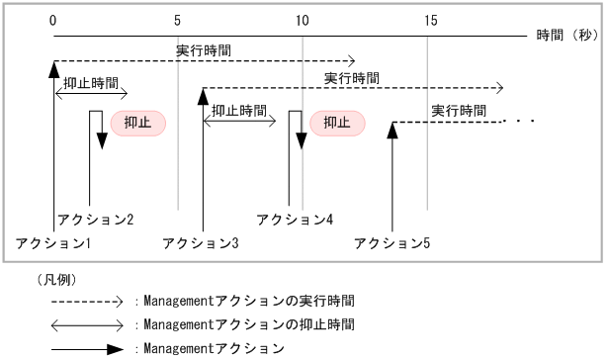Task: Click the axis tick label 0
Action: pyautogui.click(x=52, y=20)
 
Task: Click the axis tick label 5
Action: pyautogui.click(x=177, y=20)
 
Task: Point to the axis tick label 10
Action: pyautogui.click(x=303, y=20)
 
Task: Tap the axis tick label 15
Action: pyautogui.click(x=427, y=20)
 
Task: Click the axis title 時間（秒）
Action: pyautogui.click(x=567, y=35)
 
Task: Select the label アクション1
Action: pyautogui.click(x=53, y=241)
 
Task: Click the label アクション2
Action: pyautogui.click(x=96, y=219)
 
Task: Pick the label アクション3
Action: pyautogui.click(x=201, y=241)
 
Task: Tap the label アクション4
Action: pyautogui.click(x=295, y=219)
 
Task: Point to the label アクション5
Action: pyautogui.click(x=392, y=241)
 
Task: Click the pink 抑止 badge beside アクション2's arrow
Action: pyautogui.click(x=137, y=123)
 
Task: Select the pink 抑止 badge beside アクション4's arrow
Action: pyautogui.click(x=337, y=123)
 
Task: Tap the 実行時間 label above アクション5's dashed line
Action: pyautogui.click(x=460, y=109)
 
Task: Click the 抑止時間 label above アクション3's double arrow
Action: pyautogui.click(x=239, y=109)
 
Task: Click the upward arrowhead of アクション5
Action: pyautogui.click(x=392, y=130)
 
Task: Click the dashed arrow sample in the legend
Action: pyautogui.click(x=87, y=299)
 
